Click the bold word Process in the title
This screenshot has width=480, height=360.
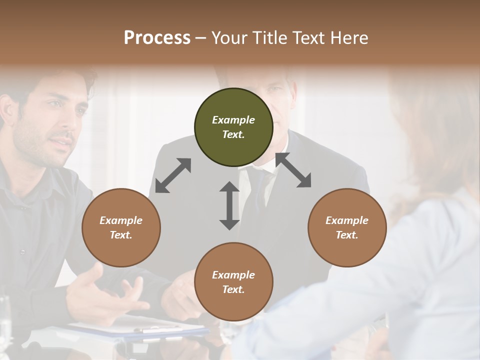(x=157, y=38)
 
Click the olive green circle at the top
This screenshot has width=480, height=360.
(x=233, y=127)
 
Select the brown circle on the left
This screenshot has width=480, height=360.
(x=121, y=227)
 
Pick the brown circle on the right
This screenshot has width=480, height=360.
(x=347, y=227)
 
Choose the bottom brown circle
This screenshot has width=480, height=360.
(x=233, y=281)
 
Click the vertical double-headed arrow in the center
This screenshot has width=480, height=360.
(x=229, y=205)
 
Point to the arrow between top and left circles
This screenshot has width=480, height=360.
(x=173, y=175)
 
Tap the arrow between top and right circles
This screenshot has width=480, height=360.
(x=293, y=170)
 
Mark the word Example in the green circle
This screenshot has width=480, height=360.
(x=233, y=120)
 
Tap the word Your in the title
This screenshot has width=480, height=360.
(x=227, y=38)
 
